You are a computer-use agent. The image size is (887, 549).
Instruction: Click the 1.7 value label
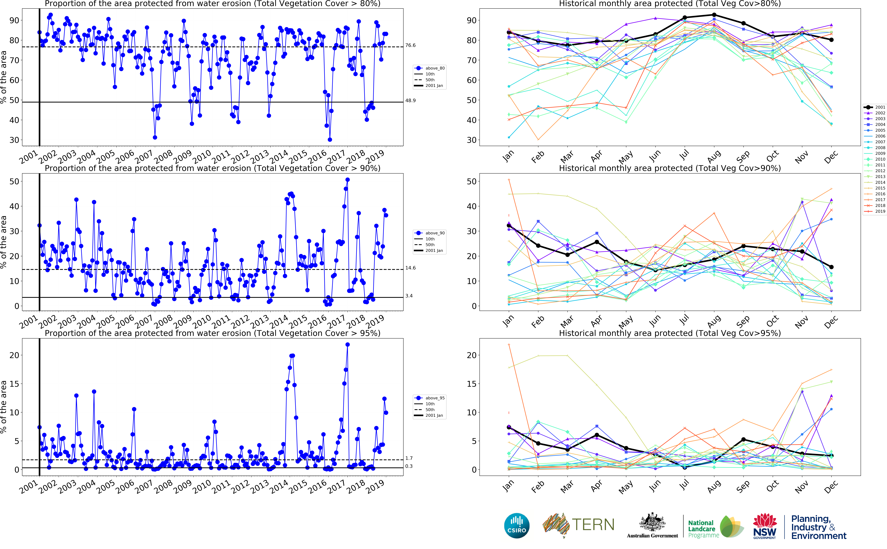[409, 458]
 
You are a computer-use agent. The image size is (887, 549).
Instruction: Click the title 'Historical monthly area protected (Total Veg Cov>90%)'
[670, 168]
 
